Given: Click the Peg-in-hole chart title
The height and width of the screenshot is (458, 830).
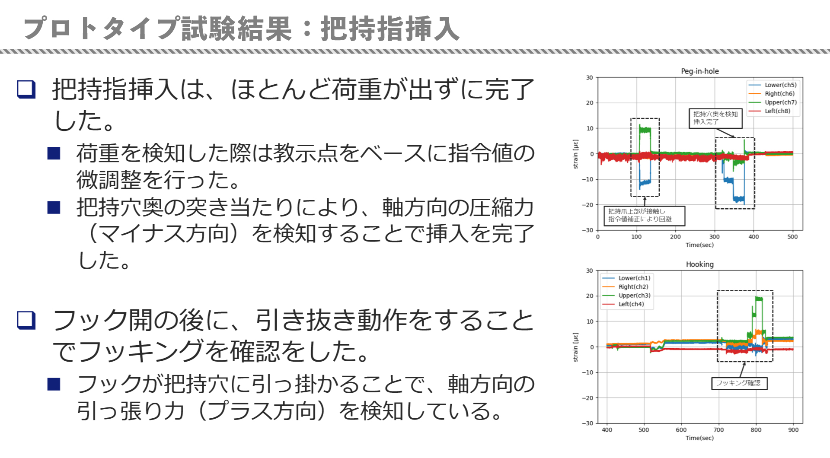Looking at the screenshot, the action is (x=699, y=71).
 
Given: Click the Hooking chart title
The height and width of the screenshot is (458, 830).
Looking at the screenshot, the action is (x=699, y=264).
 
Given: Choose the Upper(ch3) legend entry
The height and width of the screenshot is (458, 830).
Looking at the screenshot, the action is (x=626, y=296).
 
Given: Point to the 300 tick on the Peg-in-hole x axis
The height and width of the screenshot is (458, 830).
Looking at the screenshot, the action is (x=715, y=237).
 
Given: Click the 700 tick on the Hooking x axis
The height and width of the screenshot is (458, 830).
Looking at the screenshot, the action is (x=718, y=430).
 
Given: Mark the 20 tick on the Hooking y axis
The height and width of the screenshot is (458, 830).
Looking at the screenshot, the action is (x=590, y=296).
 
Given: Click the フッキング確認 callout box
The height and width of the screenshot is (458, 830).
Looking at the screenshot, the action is (x=739, y=383).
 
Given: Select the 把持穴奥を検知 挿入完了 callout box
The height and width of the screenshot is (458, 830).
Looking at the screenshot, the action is (x=715, y=118).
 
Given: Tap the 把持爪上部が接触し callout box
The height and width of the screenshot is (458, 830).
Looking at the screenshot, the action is (x=644, y=216).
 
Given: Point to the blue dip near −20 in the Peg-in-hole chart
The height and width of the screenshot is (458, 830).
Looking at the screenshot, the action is (x=739, y=200).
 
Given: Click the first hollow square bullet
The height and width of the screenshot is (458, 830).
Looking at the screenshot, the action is (x=26, y=89).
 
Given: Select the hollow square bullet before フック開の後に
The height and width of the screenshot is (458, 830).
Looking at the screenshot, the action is (x=26, y=320).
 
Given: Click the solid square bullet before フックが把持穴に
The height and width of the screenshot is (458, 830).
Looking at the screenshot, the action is (x=54, y=384).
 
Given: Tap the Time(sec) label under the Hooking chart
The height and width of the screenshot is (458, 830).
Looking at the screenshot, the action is (x=699, y=438).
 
